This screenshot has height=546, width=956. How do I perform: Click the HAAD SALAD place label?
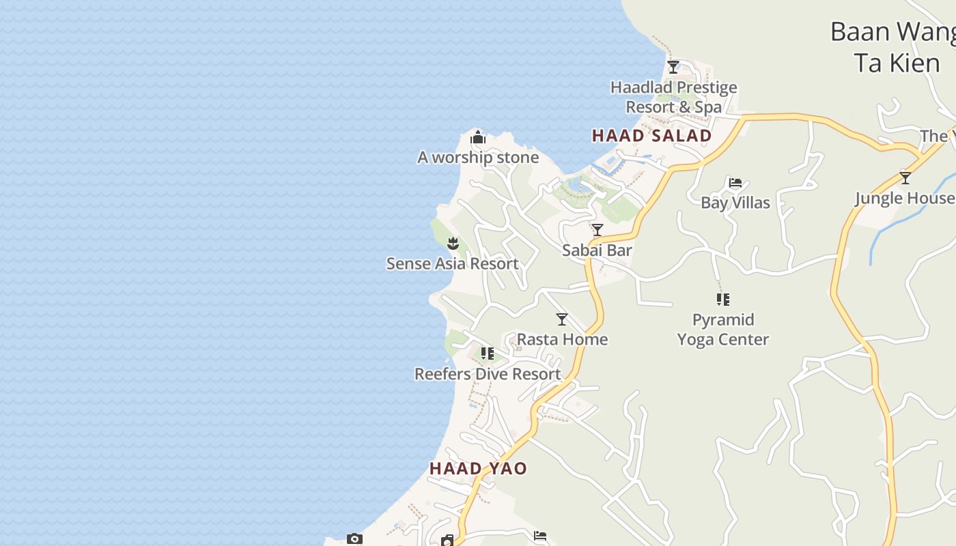651,135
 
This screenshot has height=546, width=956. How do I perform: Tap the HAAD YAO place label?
478,468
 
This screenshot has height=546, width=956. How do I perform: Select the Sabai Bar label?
597,250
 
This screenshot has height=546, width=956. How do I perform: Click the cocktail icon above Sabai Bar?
597,230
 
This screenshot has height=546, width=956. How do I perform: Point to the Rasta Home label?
562,339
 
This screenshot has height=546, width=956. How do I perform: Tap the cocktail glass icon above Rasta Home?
562,319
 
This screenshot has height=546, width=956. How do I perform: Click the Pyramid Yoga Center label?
723,330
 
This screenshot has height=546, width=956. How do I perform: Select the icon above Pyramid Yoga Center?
723,299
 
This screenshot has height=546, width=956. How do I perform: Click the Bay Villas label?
735,203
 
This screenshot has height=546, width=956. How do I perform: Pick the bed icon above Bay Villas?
735,183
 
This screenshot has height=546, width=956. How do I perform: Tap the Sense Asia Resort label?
453,263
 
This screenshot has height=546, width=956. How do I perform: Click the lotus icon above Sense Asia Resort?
453,243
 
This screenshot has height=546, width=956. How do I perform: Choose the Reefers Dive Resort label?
488,374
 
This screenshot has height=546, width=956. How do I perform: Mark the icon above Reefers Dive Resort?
488,354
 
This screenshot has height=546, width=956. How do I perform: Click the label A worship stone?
478,158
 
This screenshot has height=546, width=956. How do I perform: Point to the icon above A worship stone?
478,139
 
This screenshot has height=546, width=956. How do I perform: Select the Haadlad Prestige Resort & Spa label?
674,97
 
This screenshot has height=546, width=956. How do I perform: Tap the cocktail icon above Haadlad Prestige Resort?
673,67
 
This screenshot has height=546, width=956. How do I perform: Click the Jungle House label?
905,198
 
